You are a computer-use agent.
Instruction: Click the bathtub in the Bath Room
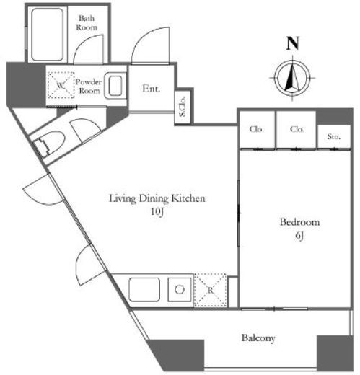[48, 35]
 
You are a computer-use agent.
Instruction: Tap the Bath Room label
[87, 22]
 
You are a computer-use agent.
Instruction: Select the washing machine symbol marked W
[61, 84]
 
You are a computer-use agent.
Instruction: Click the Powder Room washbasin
[115, 86]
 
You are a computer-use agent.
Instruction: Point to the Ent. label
[151, 89]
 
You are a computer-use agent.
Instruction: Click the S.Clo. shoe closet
[183, 107]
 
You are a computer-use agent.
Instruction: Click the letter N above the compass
[292, 43]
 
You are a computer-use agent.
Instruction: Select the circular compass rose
[292, 78]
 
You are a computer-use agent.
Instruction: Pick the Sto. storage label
[333, 136]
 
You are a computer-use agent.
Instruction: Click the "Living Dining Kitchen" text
[157, 198]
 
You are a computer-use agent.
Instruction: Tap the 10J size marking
[157, 211]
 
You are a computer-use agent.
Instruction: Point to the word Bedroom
[299, 221]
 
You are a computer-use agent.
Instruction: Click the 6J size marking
[299, 236]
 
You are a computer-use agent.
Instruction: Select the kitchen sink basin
[144, 290]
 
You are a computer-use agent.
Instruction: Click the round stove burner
[180, 289]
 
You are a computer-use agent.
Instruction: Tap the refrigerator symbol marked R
[211, 290]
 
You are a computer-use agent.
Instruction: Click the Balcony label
[258, 337]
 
